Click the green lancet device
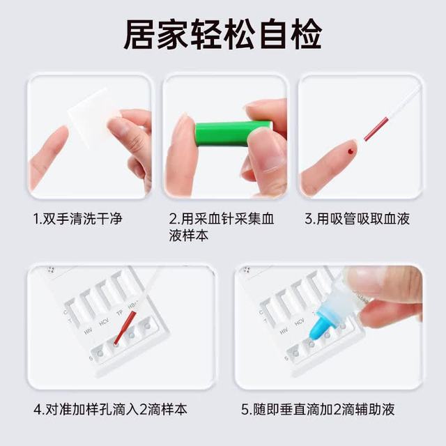233,134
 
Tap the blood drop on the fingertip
351,151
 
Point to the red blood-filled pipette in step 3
376,129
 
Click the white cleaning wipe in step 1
91,117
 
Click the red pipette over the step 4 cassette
125,328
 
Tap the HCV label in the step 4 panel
104,323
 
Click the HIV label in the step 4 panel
89,332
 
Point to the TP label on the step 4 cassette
120,313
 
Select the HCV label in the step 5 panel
299,322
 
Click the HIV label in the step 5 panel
284,331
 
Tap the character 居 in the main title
139,34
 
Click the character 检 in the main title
307,34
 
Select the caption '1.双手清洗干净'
78,219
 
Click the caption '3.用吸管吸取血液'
357,219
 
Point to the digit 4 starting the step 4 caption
38,409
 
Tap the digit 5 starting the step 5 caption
245,409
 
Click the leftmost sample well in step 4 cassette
100,353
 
